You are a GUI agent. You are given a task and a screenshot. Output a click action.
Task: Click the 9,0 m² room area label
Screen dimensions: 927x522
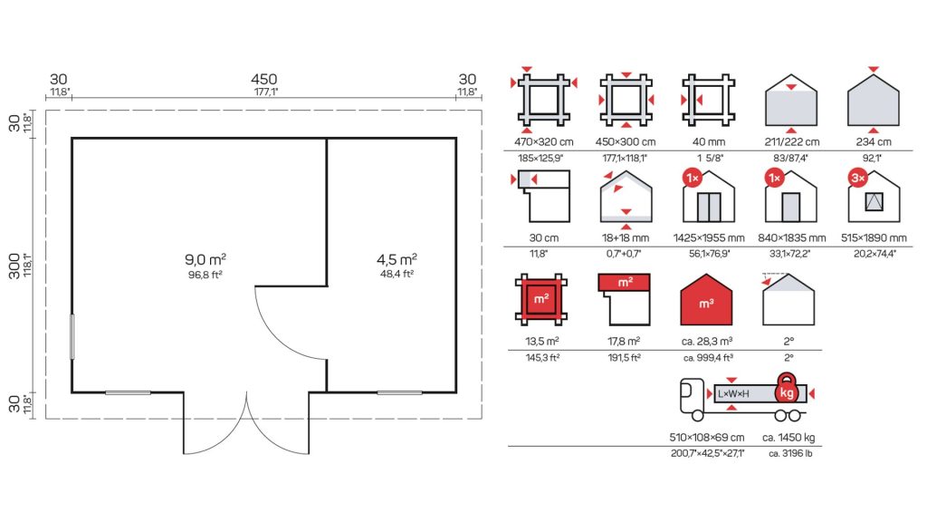[205, 259]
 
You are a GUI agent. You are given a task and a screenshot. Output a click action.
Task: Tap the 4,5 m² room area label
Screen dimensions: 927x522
[397, 259]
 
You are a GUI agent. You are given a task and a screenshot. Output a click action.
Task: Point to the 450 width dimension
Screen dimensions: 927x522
[263, 80]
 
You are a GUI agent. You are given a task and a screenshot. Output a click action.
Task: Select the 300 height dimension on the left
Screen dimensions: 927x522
[14, 266]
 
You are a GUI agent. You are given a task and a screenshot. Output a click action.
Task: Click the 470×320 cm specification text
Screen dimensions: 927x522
[544, 142]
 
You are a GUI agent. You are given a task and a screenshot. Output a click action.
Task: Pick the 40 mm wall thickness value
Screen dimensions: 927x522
[708, 142]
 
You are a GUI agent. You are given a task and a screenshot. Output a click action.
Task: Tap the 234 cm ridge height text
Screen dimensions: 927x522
[874, 142]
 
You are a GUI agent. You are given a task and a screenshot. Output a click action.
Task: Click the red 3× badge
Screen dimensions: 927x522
[858, 178]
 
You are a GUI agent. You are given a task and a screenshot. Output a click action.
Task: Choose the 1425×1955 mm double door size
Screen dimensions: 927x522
[709, 238]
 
